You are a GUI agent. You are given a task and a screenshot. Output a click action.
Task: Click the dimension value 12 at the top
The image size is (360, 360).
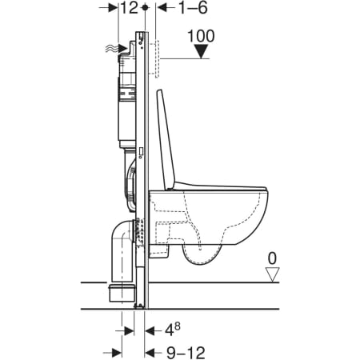pos(130,8)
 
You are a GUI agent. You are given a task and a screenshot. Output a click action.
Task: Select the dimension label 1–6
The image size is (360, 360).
pos(193,8)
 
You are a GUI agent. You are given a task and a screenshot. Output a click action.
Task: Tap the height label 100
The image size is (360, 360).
pos(201,36)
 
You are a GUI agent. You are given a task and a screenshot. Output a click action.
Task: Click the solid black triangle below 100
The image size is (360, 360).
pos(202,51)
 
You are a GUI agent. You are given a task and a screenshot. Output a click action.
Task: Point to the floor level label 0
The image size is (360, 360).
pos(272,258)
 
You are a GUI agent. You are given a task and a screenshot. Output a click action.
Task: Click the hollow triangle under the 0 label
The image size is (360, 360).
pos(272,274)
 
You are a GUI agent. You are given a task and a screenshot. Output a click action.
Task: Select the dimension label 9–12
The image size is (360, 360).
pos(186,353)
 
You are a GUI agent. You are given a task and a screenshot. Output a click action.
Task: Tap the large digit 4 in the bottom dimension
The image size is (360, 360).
pos(170,331)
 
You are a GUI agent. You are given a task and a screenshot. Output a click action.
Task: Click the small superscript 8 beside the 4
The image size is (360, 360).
pos(178,326)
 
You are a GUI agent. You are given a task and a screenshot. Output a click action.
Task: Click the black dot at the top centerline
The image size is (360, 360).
pos(145,7)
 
